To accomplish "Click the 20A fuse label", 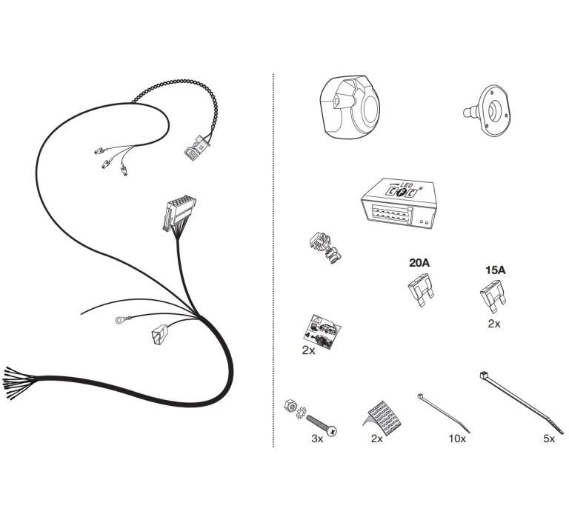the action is point(419,262).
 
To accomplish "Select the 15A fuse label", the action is point(496,270).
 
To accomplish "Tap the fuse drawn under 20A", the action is point(422,292).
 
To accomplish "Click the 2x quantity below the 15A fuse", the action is point(494,324).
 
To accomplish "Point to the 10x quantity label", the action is point(457,439).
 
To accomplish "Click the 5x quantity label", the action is point(549,439).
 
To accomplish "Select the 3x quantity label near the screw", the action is point(317,439).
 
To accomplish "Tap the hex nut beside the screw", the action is point(290,405).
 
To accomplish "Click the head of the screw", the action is point(332,430).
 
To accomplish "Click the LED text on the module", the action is point(405,184).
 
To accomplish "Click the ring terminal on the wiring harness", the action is point(119,320).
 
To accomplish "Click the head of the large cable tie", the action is point(483,376).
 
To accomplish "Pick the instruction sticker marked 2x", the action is point(322,332).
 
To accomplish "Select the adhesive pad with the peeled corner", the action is point(383,418).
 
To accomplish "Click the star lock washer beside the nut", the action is point(301,413).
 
